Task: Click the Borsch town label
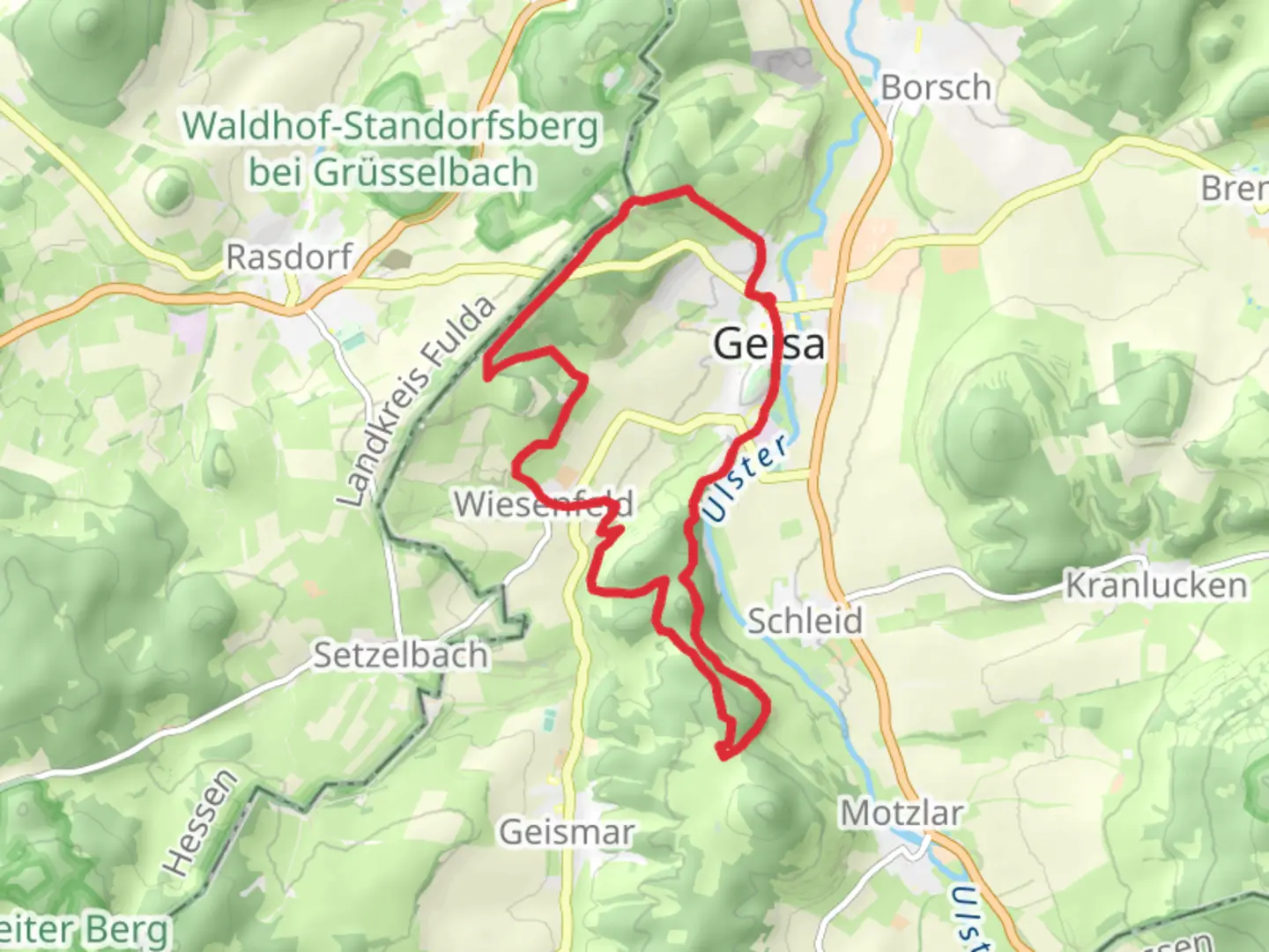pyautogui.click(x=936, y=87)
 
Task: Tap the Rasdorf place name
pyautogui.click(x=289, y=257)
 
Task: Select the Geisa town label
pyautogui.click(x=768, y=344)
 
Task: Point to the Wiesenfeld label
pyautogui.click(x=543, y=505)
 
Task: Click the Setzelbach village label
pyautogui.click(x=401, y=655)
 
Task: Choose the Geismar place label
pyautogui.click(x=567, y=832)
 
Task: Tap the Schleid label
pyautogui.click(x=805, y=621)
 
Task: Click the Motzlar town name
pyautogui.click(x=901, y=813)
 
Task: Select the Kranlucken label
pyautogui.click(x=1156, y=585)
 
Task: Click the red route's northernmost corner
pyautogui.click(x=686, y=189)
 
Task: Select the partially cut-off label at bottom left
pyautogui.click(x=84, y=930)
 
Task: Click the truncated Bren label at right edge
pyautogui.click(x=1234, y=188)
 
